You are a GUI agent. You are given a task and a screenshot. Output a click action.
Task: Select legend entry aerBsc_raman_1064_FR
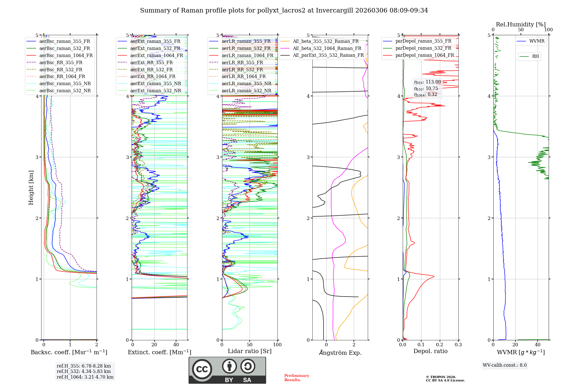click(x=66, y=55)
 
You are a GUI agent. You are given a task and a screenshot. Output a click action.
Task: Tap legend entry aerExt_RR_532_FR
click(x=151, y=70)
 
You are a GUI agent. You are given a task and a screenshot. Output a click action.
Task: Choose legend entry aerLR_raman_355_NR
click(x=246, y=83)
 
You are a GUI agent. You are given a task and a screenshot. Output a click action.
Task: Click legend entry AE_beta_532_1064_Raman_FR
click(x=327, y=48)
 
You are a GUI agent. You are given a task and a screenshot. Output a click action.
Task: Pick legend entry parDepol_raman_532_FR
click(x=423, y=48)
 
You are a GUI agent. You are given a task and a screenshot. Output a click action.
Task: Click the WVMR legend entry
click(x=537, y=41)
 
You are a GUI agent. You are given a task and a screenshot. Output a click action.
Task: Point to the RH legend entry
click(x=535, y=56)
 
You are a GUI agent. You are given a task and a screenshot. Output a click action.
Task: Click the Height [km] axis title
click(x=31, y=188)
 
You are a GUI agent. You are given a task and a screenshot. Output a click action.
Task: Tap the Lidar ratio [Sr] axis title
click(x=249, y=351)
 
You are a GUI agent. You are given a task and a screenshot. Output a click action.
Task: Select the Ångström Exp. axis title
click(x=340, y=353)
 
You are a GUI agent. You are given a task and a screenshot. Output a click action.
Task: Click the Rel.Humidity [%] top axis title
click(x=521, y=24)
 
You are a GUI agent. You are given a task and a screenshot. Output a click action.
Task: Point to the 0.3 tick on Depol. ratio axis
click(x=458, y=345)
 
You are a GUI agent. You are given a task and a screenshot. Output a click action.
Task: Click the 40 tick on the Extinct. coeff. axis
click(x=176, y=345)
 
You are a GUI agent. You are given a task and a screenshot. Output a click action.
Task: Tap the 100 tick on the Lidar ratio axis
click(x=277, y=345)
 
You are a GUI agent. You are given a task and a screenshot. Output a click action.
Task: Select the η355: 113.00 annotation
click(x=427, y=82)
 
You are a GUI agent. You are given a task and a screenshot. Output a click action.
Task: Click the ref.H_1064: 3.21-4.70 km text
click(x=85, y=377)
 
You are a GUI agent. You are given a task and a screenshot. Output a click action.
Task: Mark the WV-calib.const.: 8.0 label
click(x=505, y=365)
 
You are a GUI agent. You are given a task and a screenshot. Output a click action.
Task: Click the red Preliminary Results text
click(x=296, y=378)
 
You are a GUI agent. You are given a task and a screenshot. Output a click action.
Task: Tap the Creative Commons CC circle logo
click(x=202, y=369)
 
